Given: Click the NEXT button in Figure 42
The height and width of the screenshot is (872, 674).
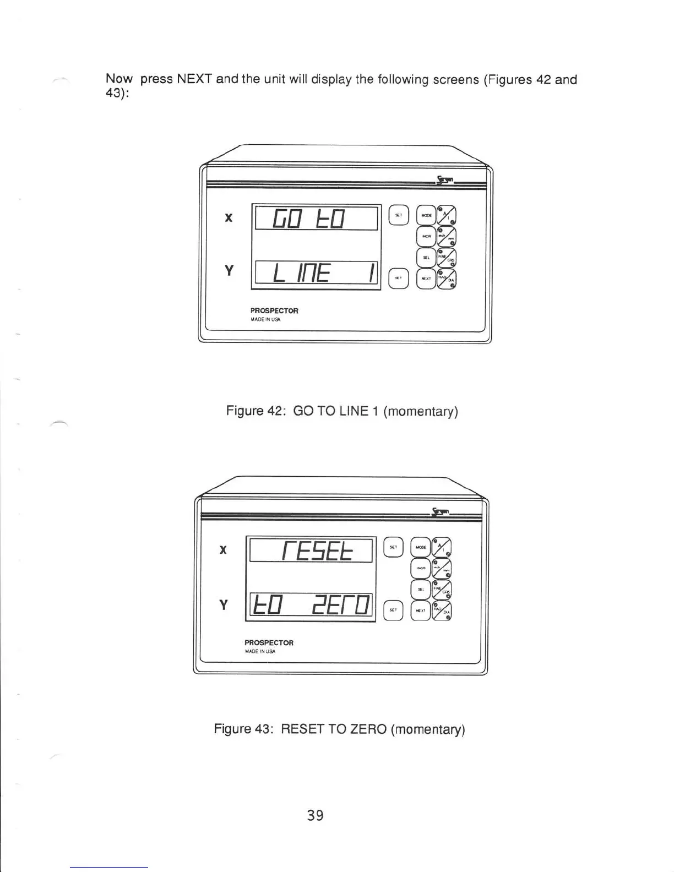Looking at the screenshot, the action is (426, 279).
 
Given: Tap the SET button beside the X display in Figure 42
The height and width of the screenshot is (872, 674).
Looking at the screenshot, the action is (399, 215).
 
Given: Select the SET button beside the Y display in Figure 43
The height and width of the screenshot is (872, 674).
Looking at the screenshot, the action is (393, 610).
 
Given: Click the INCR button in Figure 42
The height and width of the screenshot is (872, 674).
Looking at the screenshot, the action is (426, 236).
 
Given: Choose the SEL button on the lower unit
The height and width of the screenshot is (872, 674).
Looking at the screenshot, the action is (421, 588).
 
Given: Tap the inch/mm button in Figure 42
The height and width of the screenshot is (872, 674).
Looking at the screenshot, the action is (447, 236).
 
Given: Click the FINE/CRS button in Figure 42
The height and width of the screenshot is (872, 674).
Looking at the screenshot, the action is (447, 257).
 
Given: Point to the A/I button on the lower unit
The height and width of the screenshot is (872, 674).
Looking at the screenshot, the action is (442, 547).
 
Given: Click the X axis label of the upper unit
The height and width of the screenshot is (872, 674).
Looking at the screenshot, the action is (229, 217).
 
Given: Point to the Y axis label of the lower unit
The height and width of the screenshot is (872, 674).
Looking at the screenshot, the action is (223, 605).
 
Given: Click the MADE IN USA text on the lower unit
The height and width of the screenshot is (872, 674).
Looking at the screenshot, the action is (260, 651).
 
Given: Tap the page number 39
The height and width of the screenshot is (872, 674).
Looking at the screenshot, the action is (316, 815).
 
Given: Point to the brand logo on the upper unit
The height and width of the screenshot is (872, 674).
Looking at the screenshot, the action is (445, 179).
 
